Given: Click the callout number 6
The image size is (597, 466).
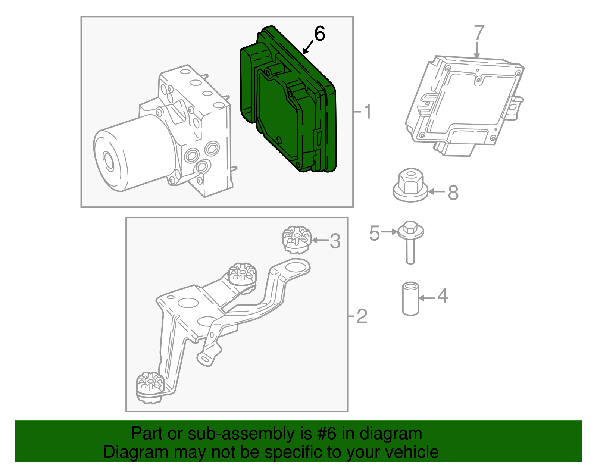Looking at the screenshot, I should point(320,34).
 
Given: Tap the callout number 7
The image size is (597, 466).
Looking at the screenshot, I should point(479,32).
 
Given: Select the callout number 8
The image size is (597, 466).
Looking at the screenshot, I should point(453,193).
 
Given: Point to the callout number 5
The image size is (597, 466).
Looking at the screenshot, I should point(374,233).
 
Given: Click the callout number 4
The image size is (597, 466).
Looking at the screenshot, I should point(442,296).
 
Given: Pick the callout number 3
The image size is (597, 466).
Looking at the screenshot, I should point(335,241).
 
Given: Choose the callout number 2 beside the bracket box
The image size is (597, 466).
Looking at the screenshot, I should point(362,316).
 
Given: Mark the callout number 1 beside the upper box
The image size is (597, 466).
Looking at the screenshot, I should point(368,112).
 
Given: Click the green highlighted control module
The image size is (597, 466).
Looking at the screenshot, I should point(287,108).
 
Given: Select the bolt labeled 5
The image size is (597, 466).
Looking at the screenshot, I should point(410,241).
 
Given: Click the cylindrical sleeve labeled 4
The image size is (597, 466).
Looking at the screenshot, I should point(410,299).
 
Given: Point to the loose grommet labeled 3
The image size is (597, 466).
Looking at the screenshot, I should point(296,240).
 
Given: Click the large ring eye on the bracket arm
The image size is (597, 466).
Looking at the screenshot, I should point(297,268).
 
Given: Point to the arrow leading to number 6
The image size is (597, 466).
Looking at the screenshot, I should point(308,48).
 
